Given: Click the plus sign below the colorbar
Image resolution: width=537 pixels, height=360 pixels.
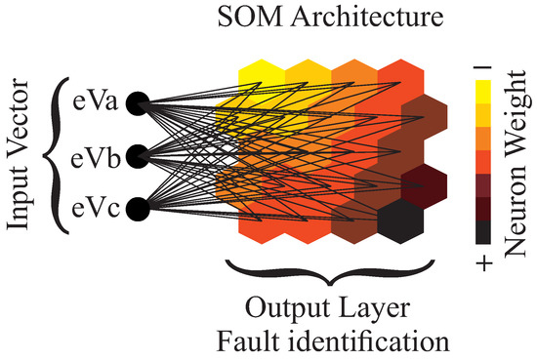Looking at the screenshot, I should click(484, 261).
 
